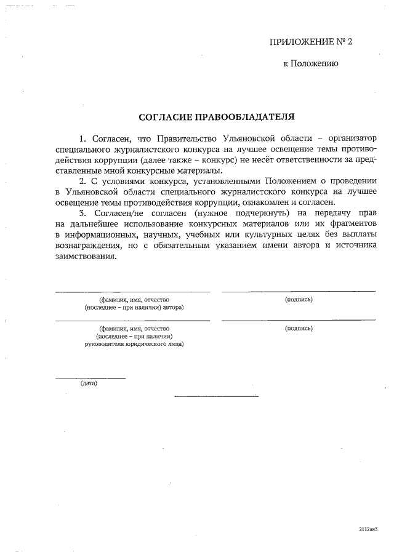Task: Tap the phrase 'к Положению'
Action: (x=310, y=63)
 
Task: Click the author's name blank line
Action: (x=132, y=291)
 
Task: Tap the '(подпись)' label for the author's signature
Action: (x=299, y=300)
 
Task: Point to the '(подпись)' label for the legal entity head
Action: (x=299, y=329)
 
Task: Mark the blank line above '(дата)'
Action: (x=90, y=377)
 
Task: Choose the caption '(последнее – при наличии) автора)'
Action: (x=134, y=307)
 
